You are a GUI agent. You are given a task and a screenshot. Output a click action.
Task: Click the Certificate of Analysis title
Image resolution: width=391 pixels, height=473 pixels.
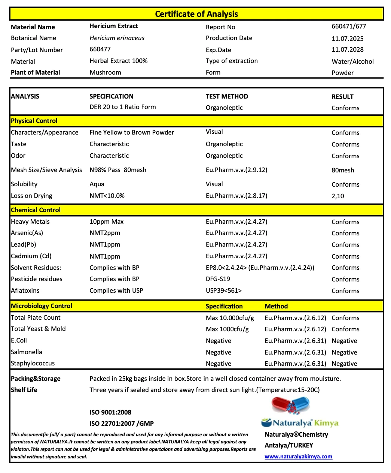tap(196, 14)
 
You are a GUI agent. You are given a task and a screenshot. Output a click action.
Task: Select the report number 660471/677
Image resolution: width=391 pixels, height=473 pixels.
tap(349, 26)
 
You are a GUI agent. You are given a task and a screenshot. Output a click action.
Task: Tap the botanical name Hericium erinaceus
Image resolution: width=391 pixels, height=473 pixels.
tap(117, 38)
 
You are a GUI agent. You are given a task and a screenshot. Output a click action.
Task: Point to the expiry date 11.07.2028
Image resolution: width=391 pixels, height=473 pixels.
tap(347, 49)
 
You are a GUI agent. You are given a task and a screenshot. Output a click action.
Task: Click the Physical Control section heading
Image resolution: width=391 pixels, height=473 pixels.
tap(34, 121)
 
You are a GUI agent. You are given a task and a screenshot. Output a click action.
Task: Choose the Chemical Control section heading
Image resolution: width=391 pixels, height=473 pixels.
tap(36, 210)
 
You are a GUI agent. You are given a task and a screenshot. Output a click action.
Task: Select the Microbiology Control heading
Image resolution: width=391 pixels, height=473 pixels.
tap(42, 306)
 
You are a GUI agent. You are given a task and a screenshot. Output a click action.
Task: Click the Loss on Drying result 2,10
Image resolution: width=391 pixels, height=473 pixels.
tap(337, 196)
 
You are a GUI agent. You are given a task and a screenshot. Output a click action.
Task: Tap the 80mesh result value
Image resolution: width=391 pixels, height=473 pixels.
tap(343, 170)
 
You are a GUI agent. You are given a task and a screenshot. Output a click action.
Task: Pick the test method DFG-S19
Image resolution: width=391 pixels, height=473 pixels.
tap(218, 279)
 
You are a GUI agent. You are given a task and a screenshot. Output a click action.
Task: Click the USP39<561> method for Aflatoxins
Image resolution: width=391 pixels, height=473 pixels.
tap(224, 290)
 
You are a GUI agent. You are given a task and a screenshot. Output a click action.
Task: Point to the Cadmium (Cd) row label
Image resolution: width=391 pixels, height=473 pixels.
tap(31, 256)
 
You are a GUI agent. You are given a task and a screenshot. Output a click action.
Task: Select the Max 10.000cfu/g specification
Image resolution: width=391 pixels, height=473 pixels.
tap(230, 318)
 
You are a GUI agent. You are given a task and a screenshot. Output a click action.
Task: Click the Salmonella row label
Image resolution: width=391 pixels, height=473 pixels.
tap(27, 352)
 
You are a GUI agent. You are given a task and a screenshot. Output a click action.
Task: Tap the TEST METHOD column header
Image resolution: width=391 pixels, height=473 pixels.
tap(227, 96)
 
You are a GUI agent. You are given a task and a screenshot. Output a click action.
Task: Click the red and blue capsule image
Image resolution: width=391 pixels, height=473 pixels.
tap(291, 406)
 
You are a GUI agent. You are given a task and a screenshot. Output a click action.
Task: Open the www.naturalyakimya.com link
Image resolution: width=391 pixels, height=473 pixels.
tap(298, 457)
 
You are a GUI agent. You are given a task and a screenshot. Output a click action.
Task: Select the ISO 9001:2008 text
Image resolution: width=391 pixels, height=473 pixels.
tap(110, 412)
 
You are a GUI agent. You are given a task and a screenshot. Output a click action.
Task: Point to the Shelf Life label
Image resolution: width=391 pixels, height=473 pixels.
tap(24, 390)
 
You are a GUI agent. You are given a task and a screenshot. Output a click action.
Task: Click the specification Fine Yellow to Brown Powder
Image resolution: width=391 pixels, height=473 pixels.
tap(132, 132)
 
